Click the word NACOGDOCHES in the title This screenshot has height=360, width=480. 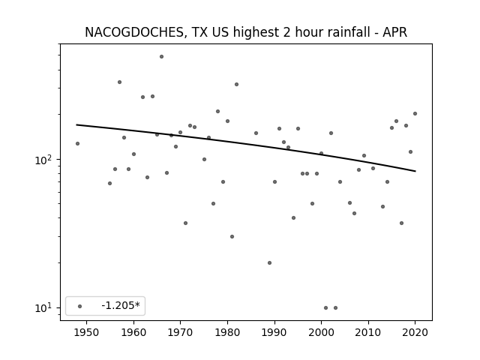coord(134,32)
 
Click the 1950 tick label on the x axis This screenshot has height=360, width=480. coord(86,332)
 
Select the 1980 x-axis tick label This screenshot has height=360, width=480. coord(227,332)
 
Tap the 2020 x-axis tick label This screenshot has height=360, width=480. coord(415,332)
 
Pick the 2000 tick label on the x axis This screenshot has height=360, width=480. coord(321,332)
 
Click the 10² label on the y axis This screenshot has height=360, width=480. coord(44,160)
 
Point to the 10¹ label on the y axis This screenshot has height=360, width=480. coord(44,307)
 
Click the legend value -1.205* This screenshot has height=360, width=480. coord(121,305)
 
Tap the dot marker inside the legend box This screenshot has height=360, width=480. coord(80,306)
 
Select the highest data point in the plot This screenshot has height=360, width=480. coord(162,57)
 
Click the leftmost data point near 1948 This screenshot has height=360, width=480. coord(77,143)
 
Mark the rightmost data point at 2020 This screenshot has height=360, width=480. coord(415,113)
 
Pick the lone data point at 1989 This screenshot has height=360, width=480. coord(270,263)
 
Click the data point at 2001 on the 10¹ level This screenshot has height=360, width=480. coord(325,308)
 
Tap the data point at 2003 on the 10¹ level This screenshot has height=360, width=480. coord(335,308)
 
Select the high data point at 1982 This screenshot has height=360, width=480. coord(237,85)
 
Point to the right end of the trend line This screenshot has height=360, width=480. coord(415,171)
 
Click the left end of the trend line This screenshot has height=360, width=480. coord(76,124)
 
